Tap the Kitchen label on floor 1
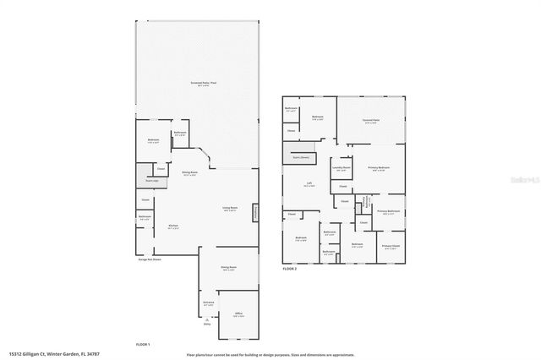click(172, 226)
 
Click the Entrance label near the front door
click(208, 303)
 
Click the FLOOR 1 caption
click(143, 345)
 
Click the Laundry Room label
click(342, 168)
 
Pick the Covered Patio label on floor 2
click(370, 121)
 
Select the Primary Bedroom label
click(378, 169)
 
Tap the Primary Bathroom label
click(388, 212)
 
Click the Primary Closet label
click(389, 247)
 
